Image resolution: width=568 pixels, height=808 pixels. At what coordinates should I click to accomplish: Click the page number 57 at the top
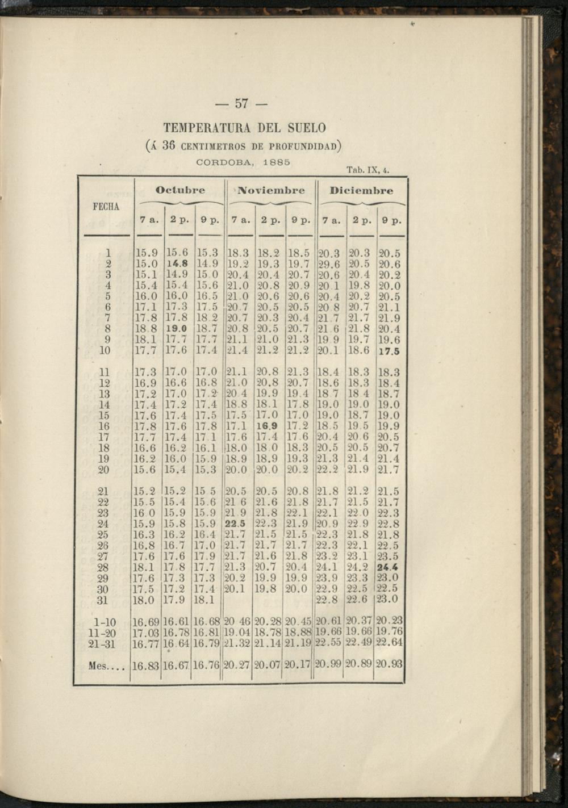[242, 104]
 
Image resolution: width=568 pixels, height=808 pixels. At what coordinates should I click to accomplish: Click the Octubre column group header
[180, 190]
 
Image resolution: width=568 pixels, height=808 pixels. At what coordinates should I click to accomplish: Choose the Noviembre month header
[271, 190]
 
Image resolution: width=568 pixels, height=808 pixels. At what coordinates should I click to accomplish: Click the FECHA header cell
[106, 207]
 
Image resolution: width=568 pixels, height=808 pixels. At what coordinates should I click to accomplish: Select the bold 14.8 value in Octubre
[177, 263]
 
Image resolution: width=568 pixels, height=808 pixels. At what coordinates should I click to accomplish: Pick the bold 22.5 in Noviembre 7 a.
[236, 524]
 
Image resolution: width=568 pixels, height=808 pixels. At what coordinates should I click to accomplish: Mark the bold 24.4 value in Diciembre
[387, 567]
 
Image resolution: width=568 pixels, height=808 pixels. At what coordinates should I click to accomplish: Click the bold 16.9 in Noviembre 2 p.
[266, 426]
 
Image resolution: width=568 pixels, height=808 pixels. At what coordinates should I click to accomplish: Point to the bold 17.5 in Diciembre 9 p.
[389, 351]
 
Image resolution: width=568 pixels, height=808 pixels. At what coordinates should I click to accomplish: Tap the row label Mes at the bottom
[106, 667]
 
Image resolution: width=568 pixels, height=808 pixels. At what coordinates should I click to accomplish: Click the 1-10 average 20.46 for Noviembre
[237, 622]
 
